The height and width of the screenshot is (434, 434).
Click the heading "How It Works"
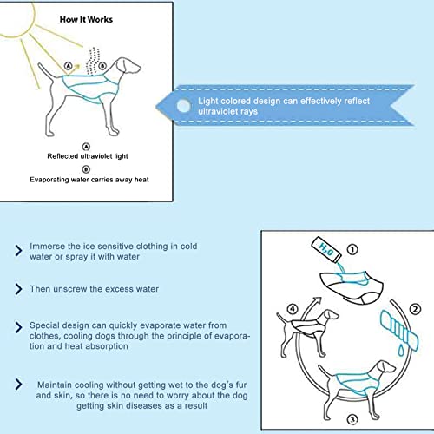point(86,19)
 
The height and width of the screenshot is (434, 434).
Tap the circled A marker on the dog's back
point(68,66)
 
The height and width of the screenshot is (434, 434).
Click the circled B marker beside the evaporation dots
point(102,66)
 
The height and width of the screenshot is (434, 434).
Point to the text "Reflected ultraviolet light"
point(88,156)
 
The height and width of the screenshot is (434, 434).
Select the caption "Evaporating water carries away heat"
point(89,180)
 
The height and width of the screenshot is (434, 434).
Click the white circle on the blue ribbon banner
point(183,106)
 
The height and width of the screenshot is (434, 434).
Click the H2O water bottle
point(326,250)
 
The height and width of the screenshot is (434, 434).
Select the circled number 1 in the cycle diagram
point(352,249)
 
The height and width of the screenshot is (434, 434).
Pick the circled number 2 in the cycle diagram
point(415,309)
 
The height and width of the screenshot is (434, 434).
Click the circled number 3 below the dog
point(352,419)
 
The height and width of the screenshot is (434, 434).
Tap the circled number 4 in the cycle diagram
point(293,309)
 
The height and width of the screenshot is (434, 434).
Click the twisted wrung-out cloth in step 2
point(399,330)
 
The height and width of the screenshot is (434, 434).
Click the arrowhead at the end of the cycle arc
point(317,301)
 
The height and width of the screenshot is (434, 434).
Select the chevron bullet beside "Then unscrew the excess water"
point(18,289)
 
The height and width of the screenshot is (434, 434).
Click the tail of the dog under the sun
point(46,71)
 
